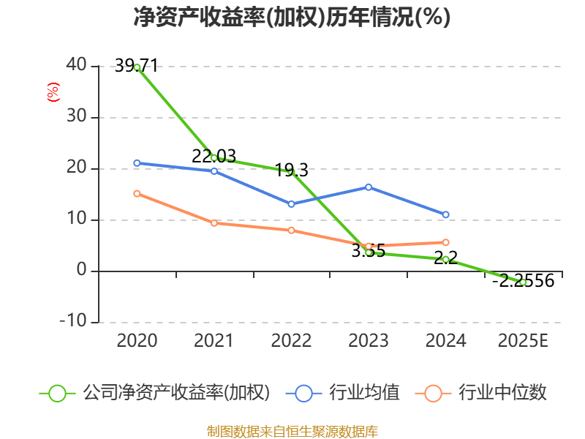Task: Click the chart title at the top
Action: pyautogui.click(x=292, y=18)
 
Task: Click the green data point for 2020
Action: pyautogui.click(x=137, y=67)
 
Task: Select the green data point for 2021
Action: pyautogui.click(x=214, y=157)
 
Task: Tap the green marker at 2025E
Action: pyautogui.click(x=523, y=282)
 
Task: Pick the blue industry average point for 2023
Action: pyautogui.click(x=369, y=187)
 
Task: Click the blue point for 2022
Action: pyautogui.click(x=291, y=204)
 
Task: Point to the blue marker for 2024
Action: pyautogui.click(x=445, y=214)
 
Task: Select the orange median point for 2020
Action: pyautogui.click(x=137, y=193)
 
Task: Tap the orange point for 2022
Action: pyautogui.click(x=291, y=230)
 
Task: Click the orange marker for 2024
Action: pyautogui.click(x=445, y=242)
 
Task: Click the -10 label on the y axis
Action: pyautogui.click(x=72, y=322)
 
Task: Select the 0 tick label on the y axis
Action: pyautogui.click(x=81, y=271)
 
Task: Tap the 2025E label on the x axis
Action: pyautogui.click(x=522, y=340)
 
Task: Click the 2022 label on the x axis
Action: pyautogui.click(x=291, y=340)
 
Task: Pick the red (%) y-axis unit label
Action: pyautogui.click(x=53, y=92)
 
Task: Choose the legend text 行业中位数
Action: pyautogui.click(x=502, y=393)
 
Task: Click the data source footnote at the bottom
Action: pyautogui.click(x=292, y=431)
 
